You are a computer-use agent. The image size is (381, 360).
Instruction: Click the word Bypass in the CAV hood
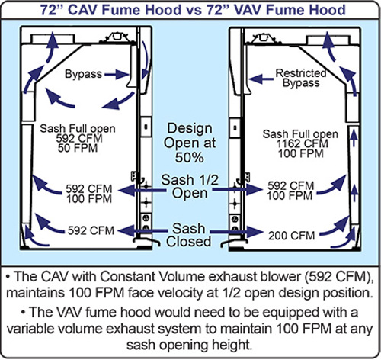[x=83, y=74]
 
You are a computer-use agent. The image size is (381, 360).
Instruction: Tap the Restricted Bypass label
[x=301, y=78]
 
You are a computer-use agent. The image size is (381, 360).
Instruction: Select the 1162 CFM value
[x=302, y=144]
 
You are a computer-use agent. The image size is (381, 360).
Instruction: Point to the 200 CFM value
[x=292, y=236]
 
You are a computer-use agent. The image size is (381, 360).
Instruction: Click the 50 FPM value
[x=78, y=148]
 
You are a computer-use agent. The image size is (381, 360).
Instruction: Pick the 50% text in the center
[x=189, y=158]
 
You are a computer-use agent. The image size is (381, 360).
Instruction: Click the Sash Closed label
[x=189, y=235]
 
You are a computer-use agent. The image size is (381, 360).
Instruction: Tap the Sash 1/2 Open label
[x=190, y=186]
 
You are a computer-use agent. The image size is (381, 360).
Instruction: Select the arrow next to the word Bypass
[x=117, y=75]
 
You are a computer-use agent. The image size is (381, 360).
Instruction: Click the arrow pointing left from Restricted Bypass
[x=261, y=79]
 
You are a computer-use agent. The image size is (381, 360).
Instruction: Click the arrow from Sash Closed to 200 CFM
[x=237, y=232]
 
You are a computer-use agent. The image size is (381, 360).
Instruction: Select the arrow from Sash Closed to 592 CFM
[x=143, y=231]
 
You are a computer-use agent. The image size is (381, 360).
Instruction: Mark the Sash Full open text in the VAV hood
[x=300, y=134]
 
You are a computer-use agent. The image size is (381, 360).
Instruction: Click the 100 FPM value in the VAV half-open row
[x=290, y=196]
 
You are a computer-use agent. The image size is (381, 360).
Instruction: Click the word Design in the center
[x=190, y=129]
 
